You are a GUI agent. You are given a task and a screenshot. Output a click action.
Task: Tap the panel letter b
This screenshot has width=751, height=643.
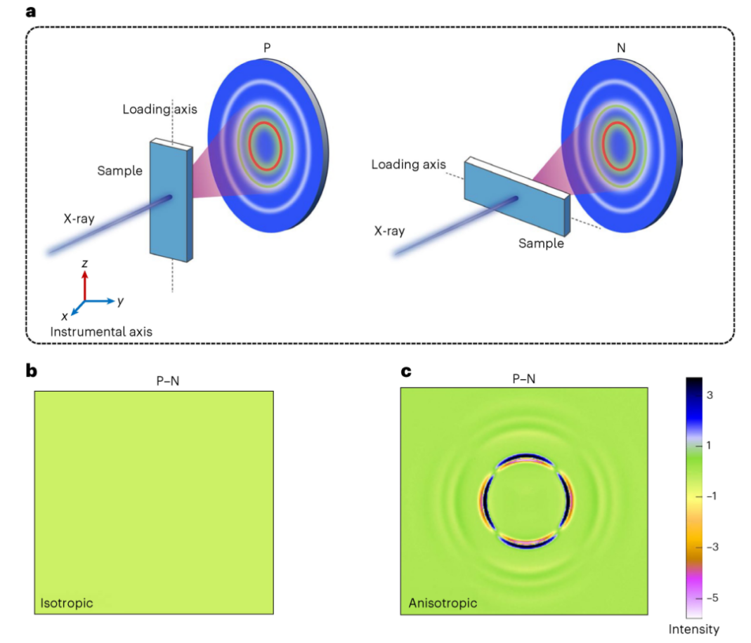point(31,370)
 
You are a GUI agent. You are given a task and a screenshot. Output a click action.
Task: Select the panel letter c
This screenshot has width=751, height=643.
point(405,370)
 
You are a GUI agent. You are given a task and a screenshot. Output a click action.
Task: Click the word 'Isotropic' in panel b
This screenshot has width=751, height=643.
point(66,603)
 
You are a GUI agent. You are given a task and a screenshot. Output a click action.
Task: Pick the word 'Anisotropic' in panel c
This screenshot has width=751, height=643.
point(443,603)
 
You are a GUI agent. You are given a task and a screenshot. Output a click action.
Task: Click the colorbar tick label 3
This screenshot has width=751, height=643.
point(710,395)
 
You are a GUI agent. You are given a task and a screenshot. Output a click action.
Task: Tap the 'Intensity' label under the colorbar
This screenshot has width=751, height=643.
point(694,629)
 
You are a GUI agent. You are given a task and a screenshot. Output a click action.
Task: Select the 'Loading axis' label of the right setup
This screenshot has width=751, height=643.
point(408,165)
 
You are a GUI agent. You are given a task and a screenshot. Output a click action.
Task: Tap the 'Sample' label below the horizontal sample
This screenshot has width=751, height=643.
point(542,244)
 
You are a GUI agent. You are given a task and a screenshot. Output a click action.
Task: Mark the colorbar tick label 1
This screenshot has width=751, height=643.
point(710,445)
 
